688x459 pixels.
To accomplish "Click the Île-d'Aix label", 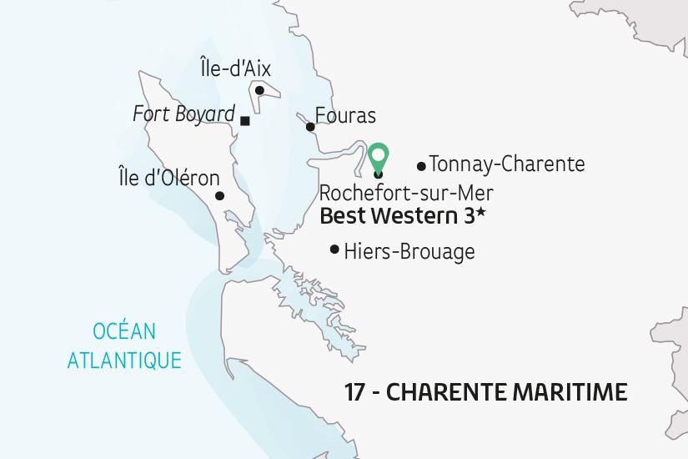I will point(236,68).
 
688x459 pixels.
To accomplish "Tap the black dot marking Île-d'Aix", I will point(259,90).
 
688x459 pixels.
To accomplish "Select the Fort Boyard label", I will point(183,113).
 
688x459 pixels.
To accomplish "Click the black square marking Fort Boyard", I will point(244,121).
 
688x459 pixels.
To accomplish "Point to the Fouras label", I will point(345,116).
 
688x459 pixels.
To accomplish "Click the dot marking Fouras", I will point(310,127).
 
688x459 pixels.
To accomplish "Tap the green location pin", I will point(379,156).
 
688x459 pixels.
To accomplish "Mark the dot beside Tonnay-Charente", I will point(420,166).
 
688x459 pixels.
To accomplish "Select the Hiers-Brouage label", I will point(409,250).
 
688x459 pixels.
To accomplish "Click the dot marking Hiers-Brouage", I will point(334,249).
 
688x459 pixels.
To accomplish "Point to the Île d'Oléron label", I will point(169,179).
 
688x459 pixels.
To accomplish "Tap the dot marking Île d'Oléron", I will point(219,196).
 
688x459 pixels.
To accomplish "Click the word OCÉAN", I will point(124,331).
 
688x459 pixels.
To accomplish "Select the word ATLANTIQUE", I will point(124,361).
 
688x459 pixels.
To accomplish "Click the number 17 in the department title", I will point(356,391).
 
